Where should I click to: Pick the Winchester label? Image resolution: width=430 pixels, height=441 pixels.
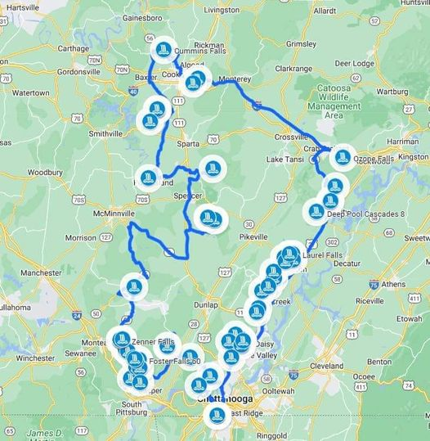tap(36, 358)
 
